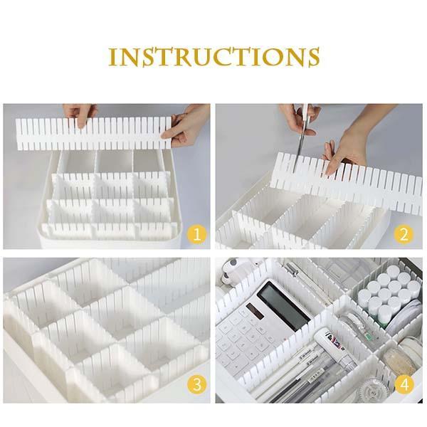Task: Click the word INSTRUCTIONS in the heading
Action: point(213,57)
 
